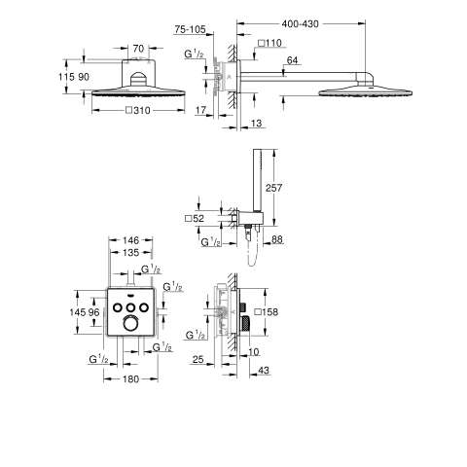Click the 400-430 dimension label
coord(300,23)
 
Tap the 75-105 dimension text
coord(190,29)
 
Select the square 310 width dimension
coord(138,111)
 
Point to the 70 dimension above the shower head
coord(138,49)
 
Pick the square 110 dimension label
coord(269,43)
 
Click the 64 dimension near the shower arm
coord(292,60)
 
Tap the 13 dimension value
coord(256,123)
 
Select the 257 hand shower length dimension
coord(274,188)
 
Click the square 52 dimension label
coord(195,218)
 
